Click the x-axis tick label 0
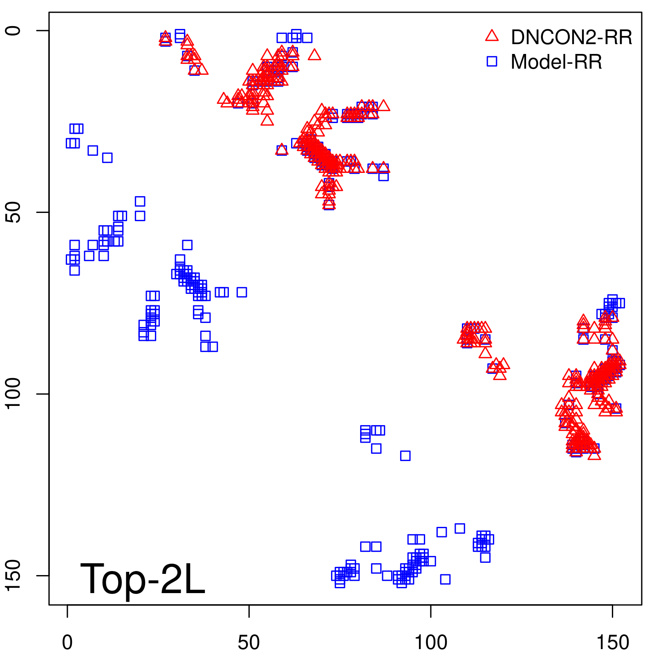[67, 643]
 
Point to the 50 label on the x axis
[249, 643]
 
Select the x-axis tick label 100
[431, 643]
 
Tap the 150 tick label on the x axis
[612, 643]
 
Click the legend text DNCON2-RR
[571, 38]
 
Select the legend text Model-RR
[556, 62]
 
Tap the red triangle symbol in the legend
[492, 36]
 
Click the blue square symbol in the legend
[492, 61]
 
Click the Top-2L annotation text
[142, 579]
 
